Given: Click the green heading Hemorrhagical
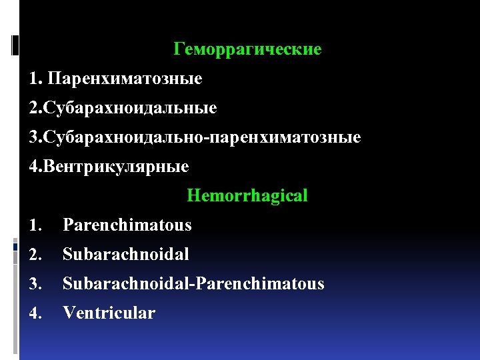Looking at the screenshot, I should tap(247, 196).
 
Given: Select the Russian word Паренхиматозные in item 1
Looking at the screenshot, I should tap(125, 79).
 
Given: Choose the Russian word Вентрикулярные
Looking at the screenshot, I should tap(116, 167).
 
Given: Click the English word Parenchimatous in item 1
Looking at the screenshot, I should tap(127, 225).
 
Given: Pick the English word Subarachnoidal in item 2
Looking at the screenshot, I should tap(126, 254).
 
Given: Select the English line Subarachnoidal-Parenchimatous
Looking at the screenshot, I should tap(193, 284).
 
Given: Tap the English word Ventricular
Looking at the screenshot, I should tap(109, 313).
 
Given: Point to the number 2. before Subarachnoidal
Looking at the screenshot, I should tap(34, 255).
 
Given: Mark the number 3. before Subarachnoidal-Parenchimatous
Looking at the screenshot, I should tap(34, 284).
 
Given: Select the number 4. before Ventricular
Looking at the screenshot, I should tap(34, 313).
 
